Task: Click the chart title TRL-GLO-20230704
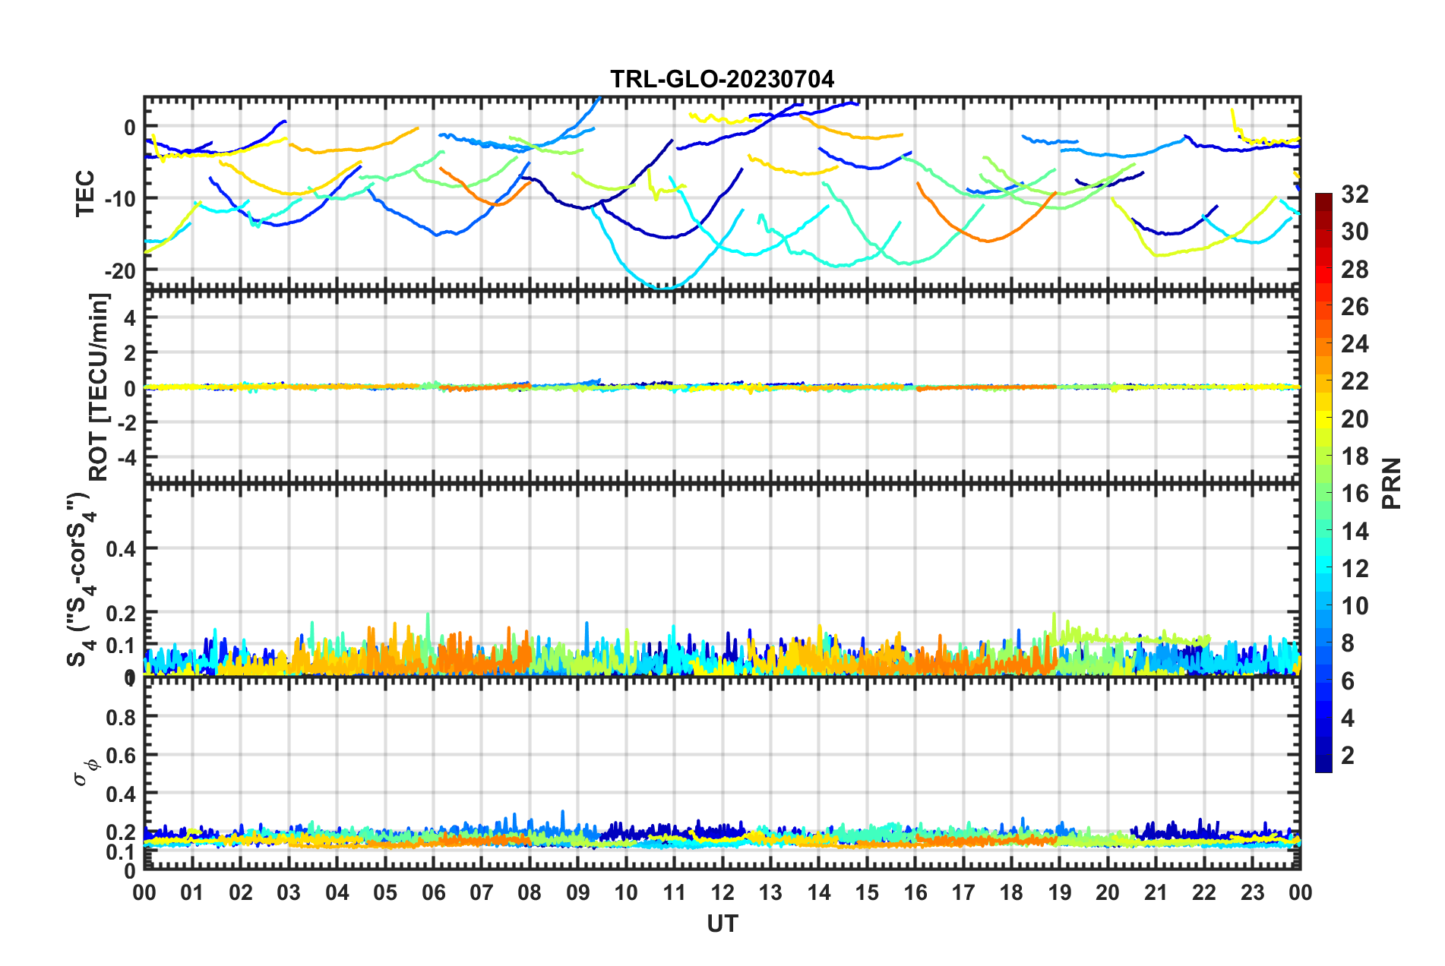[722, 79]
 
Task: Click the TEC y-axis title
[85, 193]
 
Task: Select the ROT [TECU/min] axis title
[99, 387]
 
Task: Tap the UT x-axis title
[722, 923]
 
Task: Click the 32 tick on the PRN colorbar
[1355, 194]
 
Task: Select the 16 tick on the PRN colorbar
[1355, 494]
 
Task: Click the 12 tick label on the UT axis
[722, 892]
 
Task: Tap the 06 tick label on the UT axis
[434, 892]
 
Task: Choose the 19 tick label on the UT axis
[1060, 892]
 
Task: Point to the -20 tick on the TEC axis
[120, 270]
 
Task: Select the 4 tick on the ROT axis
[130, 318]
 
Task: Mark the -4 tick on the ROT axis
[125, 458]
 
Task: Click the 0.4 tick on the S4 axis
[121, 548]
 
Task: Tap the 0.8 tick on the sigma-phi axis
[121, 717]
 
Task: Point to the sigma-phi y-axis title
[85, 767]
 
